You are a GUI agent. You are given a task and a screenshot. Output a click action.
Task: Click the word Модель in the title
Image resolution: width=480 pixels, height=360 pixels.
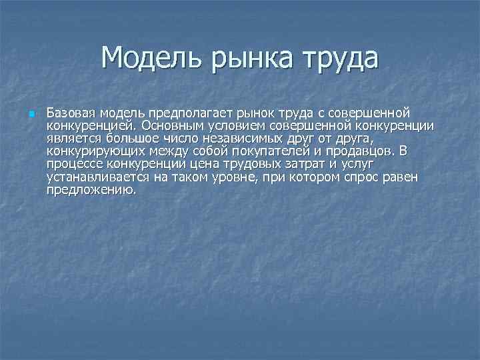point(143,58)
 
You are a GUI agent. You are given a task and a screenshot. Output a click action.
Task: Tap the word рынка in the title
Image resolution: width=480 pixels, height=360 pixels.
point(245,58)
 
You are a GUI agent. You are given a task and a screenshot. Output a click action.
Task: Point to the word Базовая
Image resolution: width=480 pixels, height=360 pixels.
point(71,111)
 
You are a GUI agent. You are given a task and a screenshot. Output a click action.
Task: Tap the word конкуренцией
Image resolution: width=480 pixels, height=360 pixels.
point(85,124)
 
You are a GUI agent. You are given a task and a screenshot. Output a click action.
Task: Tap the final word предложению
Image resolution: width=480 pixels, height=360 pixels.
point(91,189)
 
